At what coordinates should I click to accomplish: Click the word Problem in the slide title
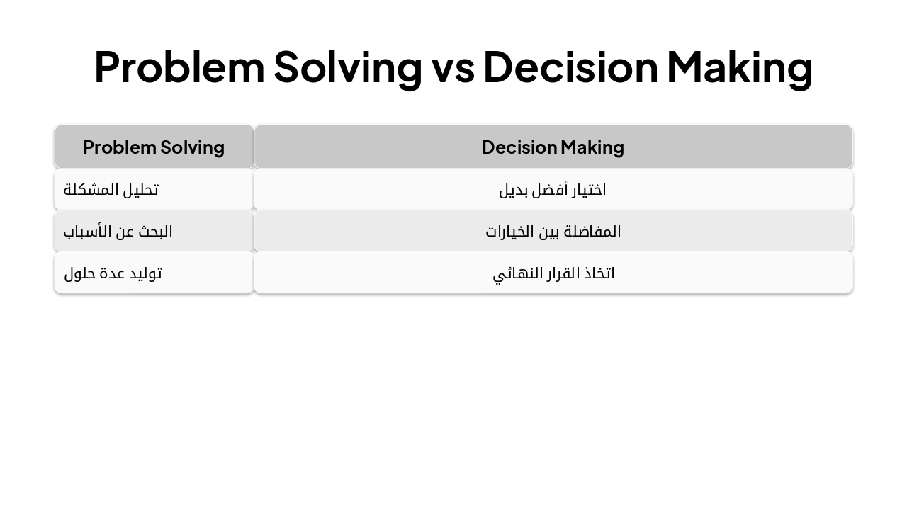click(179, 67)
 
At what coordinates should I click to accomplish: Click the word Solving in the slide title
click(347, 67)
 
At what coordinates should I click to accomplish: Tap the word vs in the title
click(453, 67)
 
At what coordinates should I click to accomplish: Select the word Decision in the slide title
click(570, 67)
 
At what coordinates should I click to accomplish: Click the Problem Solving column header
click(154, 147)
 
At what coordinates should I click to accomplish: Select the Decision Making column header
click(553, 147)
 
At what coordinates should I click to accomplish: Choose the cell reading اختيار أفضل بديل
click(553, 190)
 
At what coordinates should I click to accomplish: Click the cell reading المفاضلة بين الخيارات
click(553, 232)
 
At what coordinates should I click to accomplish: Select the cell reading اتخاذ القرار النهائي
click(553, 273)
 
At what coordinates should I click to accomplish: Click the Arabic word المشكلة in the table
click(90, 190)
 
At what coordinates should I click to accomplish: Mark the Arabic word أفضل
click(543, 190)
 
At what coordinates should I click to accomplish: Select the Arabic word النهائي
click(514, 273)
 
